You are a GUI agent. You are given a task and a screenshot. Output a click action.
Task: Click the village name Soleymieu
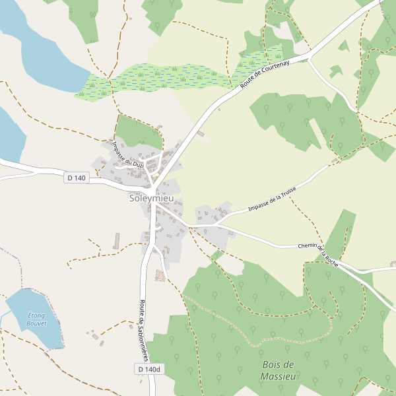click(151, 197)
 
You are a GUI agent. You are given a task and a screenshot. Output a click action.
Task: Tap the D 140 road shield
click(77, 178)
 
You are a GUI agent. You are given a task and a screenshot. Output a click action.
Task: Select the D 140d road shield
click(150, 369)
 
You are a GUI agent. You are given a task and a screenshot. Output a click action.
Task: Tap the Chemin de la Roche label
click(318, 254)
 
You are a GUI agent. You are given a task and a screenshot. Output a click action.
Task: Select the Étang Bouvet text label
click(36, 319)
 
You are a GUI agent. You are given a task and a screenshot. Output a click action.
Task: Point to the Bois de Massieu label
click(277, 370)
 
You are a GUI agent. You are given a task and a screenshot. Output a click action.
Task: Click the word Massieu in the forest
click(277, 376)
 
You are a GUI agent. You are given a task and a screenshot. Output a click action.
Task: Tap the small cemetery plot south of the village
click(160, 275)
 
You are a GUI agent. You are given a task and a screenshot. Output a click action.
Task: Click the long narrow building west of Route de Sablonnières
click(118, 240)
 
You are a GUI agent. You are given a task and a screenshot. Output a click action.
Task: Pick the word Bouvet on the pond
click(36, 324)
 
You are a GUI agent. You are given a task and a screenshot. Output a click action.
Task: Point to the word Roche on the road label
click(331, 260)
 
